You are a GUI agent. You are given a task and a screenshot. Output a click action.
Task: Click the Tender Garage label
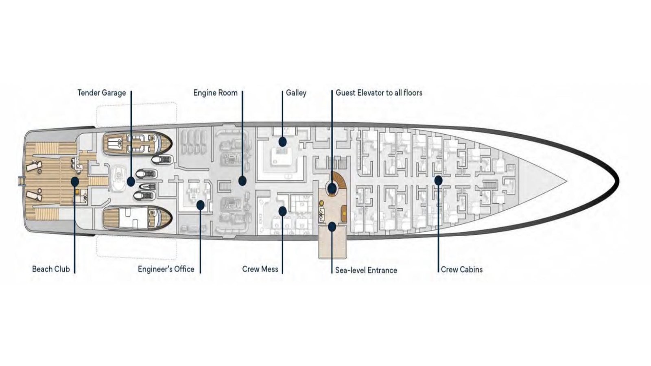point(102,93)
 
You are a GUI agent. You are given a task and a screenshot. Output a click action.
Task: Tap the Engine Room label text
point(215,93)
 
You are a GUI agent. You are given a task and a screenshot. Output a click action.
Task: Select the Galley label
point(296,93)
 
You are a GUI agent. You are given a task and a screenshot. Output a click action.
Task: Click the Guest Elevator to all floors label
point(379,93)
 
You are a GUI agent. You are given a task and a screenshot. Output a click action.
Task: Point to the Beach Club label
point(51,269)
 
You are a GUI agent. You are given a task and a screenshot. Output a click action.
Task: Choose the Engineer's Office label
point(166,269)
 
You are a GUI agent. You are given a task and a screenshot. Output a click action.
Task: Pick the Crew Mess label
point(260,269)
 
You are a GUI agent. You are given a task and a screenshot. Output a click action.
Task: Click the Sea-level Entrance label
point(366,270)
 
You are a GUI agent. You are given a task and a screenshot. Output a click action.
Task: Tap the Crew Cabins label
point(462,269)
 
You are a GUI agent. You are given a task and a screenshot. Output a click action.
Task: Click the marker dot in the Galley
point(282,142)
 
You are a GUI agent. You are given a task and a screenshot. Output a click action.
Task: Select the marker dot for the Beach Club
point(75,181)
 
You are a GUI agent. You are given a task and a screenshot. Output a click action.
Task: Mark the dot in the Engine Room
point(242,181)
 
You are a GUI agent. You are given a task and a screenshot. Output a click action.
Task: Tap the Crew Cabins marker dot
point(438,180)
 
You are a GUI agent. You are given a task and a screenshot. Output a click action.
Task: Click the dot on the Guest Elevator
point(332,188)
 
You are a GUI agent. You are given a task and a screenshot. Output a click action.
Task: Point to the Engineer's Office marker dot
point(200,205)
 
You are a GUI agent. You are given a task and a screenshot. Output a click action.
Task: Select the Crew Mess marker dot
point(282,211)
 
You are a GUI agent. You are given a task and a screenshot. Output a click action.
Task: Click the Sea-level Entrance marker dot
point(332,227)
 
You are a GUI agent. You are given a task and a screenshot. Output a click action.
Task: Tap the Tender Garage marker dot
point(131,182)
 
